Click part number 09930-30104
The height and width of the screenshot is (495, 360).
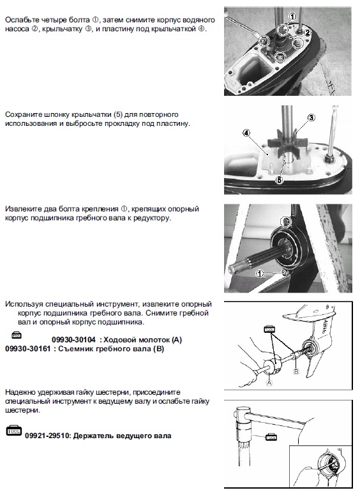(73, 340)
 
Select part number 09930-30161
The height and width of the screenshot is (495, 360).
(27, 349)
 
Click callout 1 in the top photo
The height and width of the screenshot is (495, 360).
(293, 16)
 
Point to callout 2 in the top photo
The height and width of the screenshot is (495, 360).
(307, 33)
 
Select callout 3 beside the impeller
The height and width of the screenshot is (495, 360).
(311, 118)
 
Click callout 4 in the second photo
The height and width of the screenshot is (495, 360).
(246, 133)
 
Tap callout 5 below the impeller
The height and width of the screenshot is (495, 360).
(279, 180)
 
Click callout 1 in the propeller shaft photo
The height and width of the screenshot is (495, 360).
(259, 273)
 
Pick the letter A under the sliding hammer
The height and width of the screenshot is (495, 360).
(269, 383)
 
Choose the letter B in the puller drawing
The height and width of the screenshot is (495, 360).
(296, 371)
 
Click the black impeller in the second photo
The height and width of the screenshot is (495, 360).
(281, 141)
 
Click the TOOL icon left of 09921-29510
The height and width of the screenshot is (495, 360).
(14, 431)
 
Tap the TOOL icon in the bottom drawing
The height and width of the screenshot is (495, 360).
(271, 438)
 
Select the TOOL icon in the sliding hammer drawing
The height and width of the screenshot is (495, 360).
(269, 330)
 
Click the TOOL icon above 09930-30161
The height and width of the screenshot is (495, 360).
(17, 335)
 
